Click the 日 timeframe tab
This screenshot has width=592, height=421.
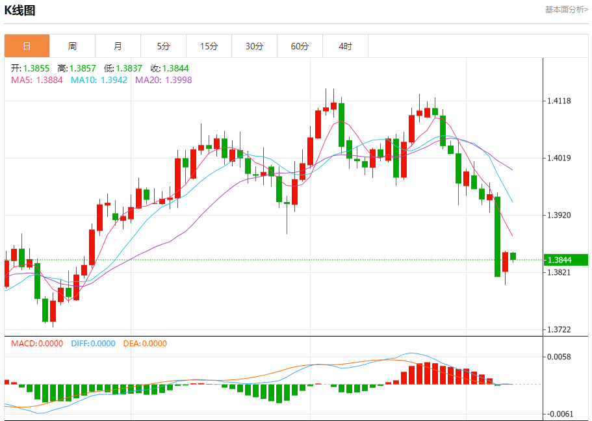tap(27, 46)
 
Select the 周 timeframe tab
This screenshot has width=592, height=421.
tap(72, 46)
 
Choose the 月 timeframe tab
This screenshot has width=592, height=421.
tap(118, 46)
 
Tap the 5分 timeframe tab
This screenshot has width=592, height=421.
tap(163, 46)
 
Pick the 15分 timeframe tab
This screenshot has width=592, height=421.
tap(209, 46)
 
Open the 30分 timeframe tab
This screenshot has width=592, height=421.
tap(254, 46)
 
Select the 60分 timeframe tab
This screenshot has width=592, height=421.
tap(300, 46)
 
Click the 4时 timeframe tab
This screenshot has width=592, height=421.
tap(345, 46)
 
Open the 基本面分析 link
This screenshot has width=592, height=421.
tap(566, 10)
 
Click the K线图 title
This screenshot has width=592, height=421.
tap(20, 10)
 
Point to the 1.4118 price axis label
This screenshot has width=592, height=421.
tap(559, 101)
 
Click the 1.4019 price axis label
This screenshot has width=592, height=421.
tap(559, 158)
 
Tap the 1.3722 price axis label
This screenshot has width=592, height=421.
tap(559, 330)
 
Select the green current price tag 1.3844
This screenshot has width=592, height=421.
tap(565, 260)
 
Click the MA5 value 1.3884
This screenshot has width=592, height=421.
tap(49, 80)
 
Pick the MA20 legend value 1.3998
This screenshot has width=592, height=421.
tap(179, 80)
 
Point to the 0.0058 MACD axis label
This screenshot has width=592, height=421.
tap(559, 357)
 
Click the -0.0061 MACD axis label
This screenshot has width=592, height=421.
tap(559, 414)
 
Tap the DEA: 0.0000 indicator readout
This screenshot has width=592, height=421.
tap(144, 344)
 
